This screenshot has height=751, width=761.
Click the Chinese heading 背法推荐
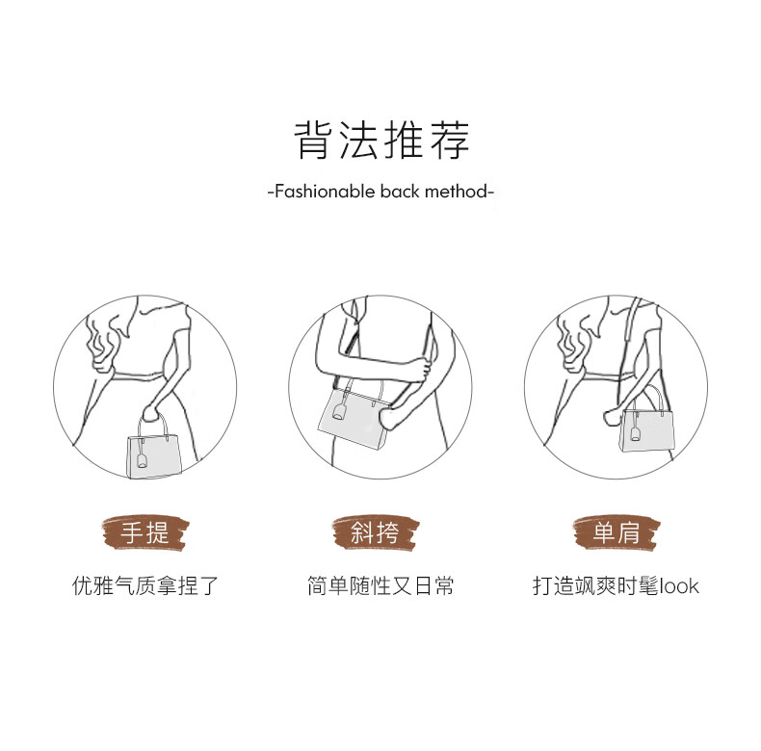[x=381, y=141]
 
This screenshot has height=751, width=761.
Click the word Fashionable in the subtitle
[x=325, y=192]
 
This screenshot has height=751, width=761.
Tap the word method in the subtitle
[x=456, y=192]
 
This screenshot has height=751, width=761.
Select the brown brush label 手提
[x=145, y=532]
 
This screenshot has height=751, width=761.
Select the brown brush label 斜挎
[x=376, y=532]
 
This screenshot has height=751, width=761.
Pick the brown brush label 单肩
[x=617, y=532]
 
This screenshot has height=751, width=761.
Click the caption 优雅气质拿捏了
[x=145, y=585]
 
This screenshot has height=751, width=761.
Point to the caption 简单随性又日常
[x=380, y=585]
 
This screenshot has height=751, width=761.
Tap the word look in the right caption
[x=679, y=586]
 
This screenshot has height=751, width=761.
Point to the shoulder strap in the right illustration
[x=630, y=350]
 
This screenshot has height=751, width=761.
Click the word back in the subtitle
[x=400, y=192]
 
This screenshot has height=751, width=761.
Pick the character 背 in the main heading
[x=313, y=141]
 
